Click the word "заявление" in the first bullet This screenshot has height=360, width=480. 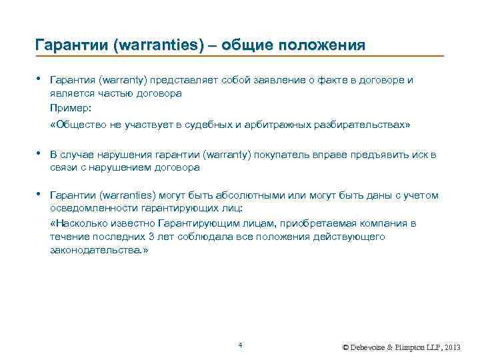[271, 81]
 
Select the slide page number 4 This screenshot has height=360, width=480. [240, 345]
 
